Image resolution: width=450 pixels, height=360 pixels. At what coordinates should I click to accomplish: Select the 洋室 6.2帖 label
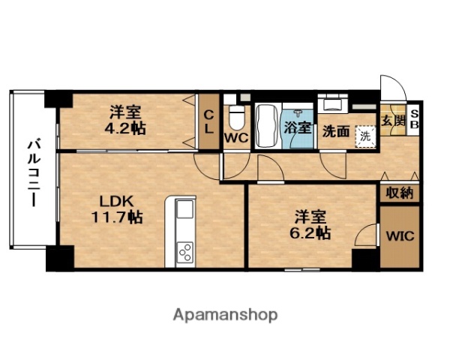point(310,224)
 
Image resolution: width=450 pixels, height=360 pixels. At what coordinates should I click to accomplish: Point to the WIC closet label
point(400,235)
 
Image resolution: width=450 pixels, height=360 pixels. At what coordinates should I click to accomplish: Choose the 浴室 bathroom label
point(297,127)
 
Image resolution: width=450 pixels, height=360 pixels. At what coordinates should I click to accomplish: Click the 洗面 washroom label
point(335,131)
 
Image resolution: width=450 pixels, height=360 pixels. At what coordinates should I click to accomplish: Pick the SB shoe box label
point(414,120)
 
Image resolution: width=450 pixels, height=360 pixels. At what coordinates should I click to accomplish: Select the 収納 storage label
point(400,193)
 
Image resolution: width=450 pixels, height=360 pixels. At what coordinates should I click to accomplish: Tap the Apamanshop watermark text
point(225,314)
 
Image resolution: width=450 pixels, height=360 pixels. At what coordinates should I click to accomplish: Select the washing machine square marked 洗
point(364,136)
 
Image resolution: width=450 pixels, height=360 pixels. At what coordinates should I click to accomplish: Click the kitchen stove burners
point(184,252)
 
